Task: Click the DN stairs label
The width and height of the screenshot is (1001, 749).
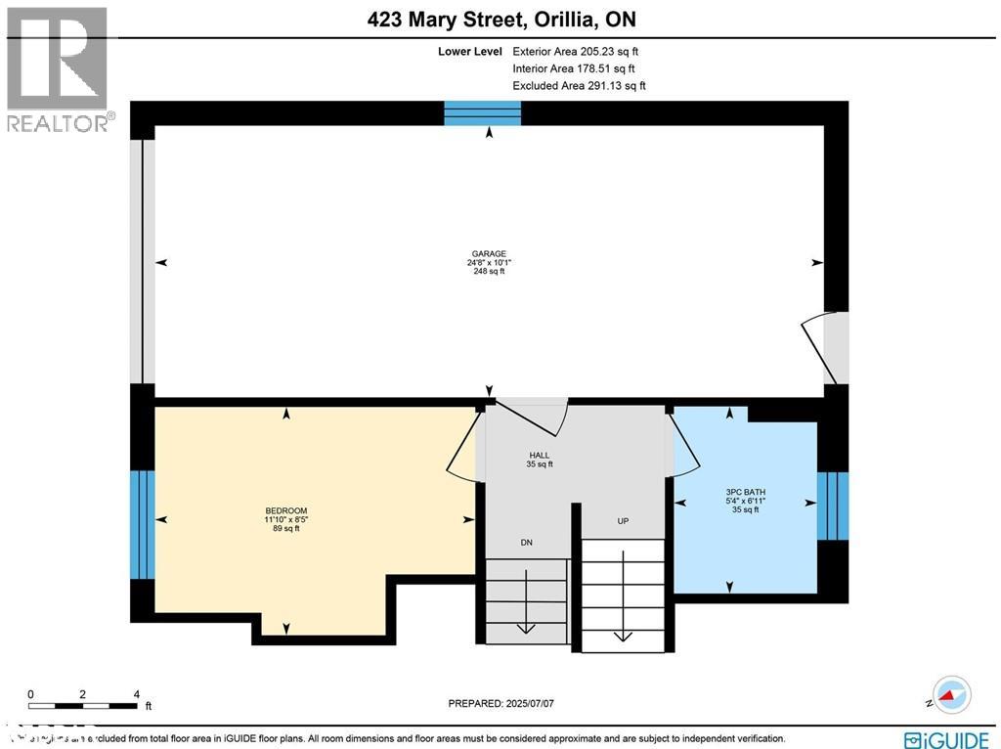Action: [527, 542]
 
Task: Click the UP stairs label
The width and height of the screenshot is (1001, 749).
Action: [623, 521]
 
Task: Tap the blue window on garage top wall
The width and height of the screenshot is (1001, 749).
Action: [483, 113]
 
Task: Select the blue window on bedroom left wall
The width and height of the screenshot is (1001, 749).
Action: [143, 524]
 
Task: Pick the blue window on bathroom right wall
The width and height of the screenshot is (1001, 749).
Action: [832, 505]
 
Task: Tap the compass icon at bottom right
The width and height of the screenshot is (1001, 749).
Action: [950, 694]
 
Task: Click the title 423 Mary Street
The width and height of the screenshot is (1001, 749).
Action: [500, 20]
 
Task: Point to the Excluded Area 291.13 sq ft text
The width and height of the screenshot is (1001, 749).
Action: [579, 86]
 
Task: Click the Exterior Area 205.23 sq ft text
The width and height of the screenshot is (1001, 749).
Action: [575, 52]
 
